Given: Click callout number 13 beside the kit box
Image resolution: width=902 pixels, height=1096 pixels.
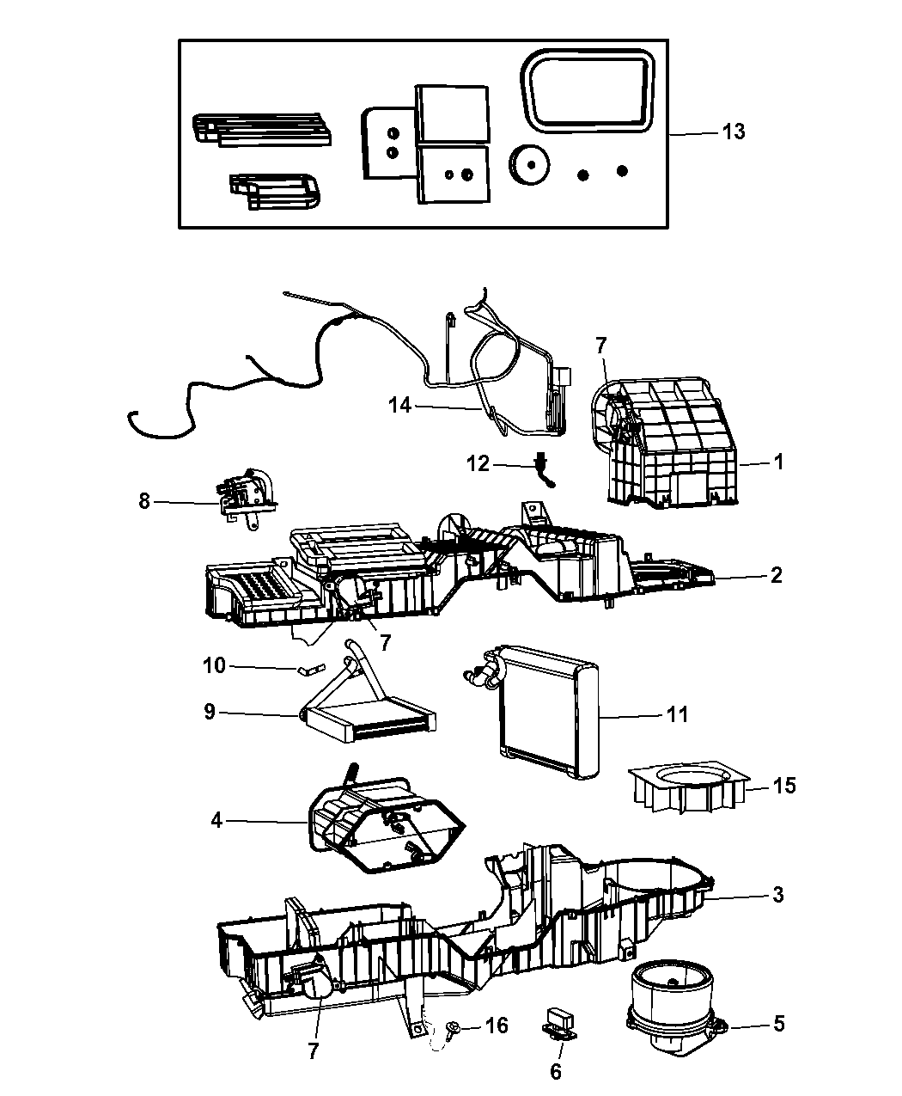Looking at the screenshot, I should (x=733, y=132).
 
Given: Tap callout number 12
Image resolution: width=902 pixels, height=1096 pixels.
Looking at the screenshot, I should (x=478, y=464).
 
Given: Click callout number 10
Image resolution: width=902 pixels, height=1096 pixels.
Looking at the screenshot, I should (x=214, y=665).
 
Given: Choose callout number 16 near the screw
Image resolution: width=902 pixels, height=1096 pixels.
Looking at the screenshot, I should (x=497, y=1026).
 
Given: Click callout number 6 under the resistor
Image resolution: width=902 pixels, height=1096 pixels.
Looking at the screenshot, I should (x=556, y=1071).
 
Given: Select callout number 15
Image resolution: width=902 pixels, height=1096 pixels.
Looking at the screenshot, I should (x=784, y=785).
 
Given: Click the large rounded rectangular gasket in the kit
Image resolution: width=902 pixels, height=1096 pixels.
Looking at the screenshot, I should (x=588, y=88).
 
